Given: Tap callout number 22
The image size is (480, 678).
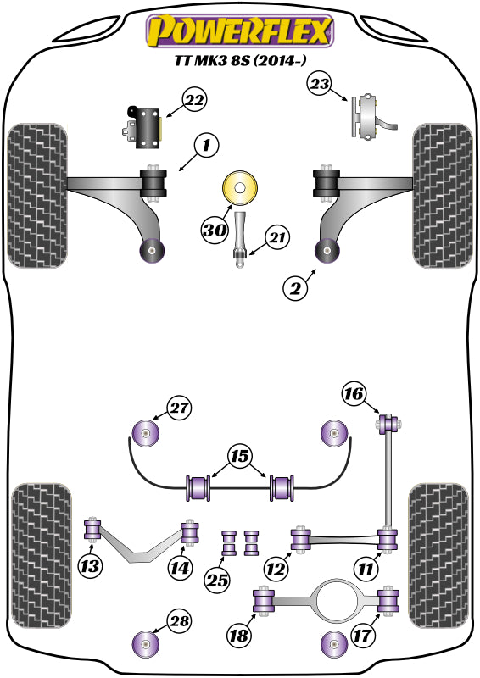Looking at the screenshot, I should pyautogui.click(x=194, y=101).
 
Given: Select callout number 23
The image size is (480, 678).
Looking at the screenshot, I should pyautogui.click(x=319, y=84).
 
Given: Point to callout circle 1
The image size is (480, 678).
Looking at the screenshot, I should pyautogui.click(x=205, y=146).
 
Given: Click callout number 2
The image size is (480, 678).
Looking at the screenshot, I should pyautogui.click(x=294, y=289).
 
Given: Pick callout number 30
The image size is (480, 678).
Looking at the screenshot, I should pyautogui.click(x=214, y=228).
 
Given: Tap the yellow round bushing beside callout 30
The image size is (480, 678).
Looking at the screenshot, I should pyautogui.click(x=240, y=188).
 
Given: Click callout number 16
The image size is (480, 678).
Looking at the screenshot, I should pyautogui.click(x=354, y=393).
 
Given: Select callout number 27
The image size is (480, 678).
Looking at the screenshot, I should pyautogui.click(x=177, y=408).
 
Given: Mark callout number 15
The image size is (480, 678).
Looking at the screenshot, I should pyautogui.click(x=242, y=458).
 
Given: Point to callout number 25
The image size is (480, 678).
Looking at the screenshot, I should pyautogui.click(x=217, y=580).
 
